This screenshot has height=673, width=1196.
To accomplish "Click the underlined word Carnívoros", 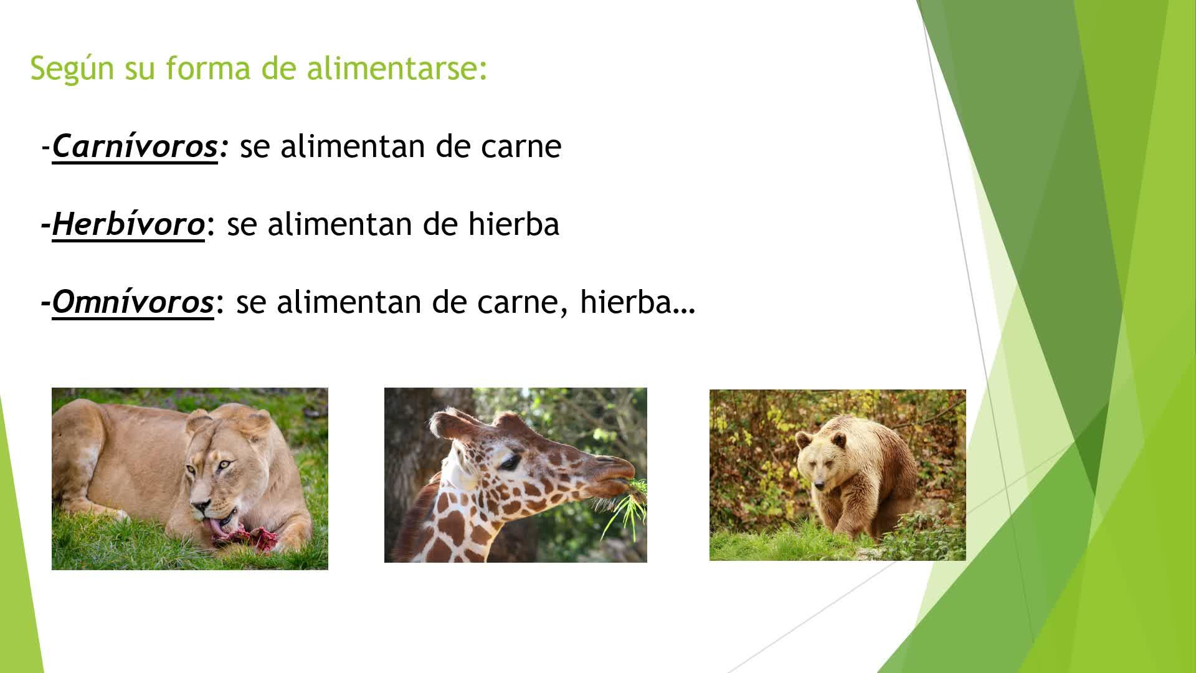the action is click(x=135, y=146).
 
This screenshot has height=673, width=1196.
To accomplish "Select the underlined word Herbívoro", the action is click(x=128, y=224).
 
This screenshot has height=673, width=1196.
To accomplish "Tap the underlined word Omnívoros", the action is click(x=133, y=302).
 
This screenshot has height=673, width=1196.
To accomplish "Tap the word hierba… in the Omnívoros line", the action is click(x=637, y=302).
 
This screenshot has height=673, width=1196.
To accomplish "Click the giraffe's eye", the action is click(x=510, y=462).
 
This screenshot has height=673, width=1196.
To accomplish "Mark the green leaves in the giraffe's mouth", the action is click(x=626, y=505).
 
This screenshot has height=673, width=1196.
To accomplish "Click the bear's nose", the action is click(x=817, y=484).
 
